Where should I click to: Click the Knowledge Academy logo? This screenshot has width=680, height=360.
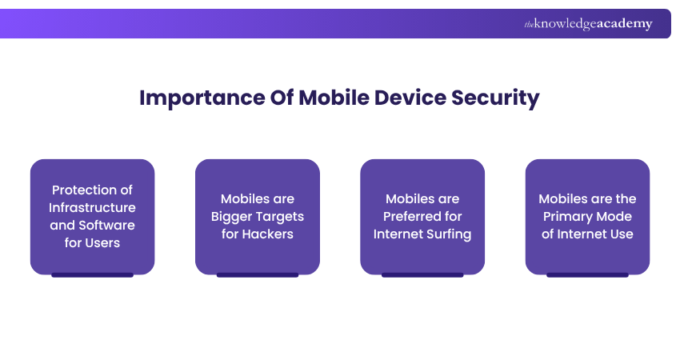tap(588, 24)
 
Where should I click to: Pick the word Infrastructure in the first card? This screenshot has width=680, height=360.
tap(93, 208)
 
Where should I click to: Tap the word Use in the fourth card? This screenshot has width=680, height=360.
tap(622, 234)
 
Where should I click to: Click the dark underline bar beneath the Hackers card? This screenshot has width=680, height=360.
tap(258, 275)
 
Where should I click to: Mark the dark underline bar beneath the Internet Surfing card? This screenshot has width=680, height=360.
tap(422, 275)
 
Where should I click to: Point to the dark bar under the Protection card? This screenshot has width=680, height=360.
tap(93, 275)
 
